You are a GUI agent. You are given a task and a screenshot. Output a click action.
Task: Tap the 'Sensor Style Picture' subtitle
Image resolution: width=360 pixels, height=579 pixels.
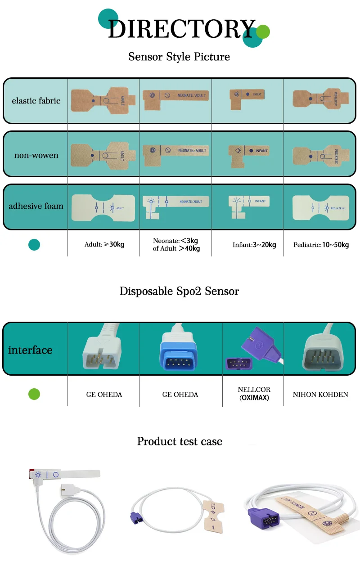click(179, 57)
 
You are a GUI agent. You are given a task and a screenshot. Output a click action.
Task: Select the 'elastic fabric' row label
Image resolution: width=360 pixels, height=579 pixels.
click(36, 101)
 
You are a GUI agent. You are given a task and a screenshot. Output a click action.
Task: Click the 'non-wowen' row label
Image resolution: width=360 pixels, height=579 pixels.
click(36, 156)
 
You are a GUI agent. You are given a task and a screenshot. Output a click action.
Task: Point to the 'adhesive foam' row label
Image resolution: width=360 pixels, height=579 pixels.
click(36, 206)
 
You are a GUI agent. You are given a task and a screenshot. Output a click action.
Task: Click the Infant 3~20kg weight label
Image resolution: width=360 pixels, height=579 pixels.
click(254, 245)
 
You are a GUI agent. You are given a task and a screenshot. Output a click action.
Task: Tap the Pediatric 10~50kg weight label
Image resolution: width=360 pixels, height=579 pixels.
click(321, 245)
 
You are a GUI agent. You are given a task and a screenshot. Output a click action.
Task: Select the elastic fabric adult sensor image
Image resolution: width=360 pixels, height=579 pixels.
click(103, 100)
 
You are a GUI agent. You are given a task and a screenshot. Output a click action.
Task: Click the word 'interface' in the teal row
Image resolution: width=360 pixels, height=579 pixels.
click(30, 350)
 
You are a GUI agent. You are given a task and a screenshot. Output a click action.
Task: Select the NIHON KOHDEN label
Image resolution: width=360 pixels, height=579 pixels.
click(320, 395)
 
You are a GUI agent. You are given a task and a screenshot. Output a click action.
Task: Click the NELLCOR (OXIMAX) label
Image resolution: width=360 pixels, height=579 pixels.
click(254, 394)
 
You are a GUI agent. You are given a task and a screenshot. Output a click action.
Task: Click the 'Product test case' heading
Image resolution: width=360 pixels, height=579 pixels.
click(180, 441)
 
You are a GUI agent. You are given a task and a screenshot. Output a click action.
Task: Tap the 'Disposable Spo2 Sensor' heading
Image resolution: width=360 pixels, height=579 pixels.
click(179, 291)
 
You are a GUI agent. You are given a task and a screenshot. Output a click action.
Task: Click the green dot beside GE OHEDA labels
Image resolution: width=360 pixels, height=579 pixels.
click(34, 395)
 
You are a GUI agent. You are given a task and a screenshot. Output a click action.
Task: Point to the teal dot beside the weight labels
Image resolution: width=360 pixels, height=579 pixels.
click(34, 245)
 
